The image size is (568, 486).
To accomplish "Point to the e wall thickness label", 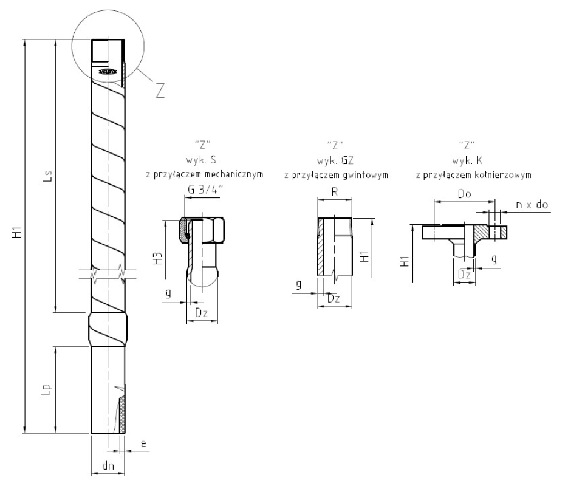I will (143, 444).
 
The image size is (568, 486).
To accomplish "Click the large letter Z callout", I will (160, 89).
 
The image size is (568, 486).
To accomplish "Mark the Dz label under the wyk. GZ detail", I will (333, 298).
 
